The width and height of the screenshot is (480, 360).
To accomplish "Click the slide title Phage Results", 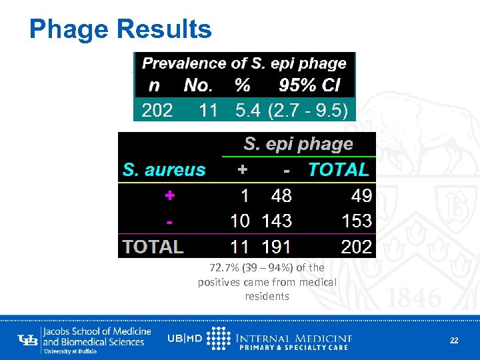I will tap(120, 29).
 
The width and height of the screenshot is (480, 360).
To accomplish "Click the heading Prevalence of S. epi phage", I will tap(244, 63).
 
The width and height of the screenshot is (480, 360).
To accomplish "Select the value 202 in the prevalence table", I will tap(157, 110).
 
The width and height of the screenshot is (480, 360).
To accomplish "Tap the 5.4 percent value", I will tap(247, 110).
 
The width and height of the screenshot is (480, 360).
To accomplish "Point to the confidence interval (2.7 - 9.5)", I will tap(307, 110).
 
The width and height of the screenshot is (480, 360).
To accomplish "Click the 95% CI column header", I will tap(309, 85).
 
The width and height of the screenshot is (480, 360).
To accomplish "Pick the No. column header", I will tap(198, 85).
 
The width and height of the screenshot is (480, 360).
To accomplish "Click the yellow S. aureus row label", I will tap(164, 170).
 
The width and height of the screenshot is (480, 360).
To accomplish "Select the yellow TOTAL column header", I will tap(338, 170).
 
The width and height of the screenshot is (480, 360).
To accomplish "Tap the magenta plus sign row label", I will tap(171, 195).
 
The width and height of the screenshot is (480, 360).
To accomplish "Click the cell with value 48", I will tap(281, 195).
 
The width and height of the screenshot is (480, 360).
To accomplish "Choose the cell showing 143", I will tap(276, 221).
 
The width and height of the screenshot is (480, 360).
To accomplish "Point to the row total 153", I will tap(356, 221).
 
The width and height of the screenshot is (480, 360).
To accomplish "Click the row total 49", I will tap(361, 195).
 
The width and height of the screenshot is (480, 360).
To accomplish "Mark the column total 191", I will tap(276, 247).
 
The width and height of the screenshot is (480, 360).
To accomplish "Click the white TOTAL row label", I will tap(153, 247).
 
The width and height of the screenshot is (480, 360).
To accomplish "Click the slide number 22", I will tap(454, 340).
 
